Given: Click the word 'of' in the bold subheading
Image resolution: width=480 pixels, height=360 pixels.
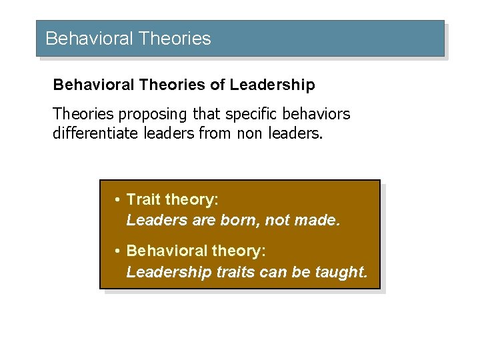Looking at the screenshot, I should [x=217, y=85].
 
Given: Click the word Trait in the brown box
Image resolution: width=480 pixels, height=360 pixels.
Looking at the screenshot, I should [x=144, y=199].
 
